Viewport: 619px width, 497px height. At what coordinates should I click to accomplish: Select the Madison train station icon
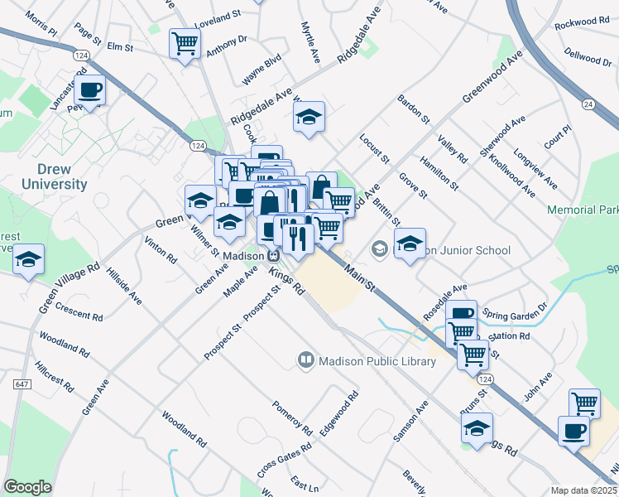coord(272,254)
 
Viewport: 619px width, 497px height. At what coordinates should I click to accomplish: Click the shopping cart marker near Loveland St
coord(185,42)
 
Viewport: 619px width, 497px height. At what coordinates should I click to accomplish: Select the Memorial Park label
coord(583,210)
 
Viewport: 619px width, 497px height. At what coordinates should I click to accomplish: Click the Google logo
coord(28,487)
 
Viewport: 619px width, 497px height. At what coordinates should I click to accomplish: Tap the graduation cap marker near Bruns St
coord(477,428)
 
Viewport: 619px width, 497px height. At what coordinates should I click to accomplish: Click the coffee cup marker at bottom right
coord(573,430)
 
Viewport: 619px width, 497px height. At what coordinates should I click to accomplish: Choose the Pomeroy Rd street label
coord(293,418)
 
